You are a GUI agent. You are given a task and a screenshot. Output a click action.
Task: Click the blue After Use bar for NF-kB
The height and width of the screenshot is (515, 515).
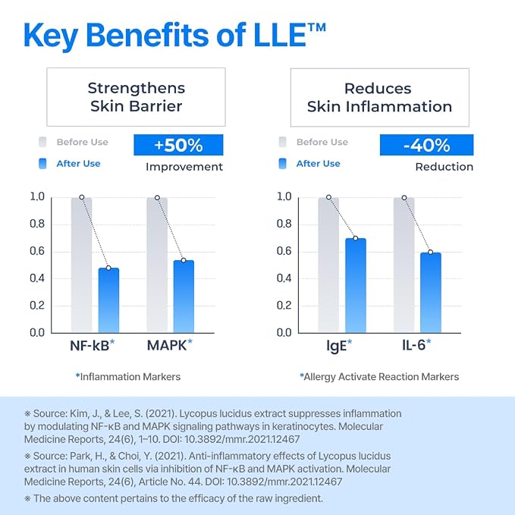108,300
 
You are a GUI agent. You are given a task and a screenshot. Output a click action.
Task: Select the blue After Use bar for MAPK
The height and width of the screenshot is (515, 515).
184,297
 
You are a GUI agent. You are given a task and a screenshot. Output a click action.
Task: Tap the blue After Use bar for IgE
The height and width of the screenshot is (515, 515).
356,285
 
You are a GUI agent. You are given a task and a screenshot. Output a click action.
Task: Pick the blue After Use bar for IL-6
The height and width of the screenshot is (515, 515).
431,293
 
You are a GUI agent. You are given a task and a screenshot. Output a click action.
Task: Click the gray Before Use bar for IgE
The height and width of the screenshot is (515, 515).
328,265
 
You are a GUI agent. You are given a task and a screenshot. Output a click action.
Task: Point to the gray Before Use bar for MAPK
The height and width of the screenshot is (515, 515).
157,265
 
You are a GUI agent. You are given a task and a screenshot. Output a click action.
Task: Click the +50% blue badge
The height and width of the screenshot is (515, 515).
178,145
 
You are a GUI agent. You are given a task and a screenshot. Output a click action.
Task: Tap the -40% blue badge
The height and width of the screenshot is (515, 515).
427,145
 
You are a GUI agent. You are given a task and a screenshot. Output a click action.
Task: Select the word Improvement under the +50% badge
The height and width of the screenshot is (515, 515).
184,167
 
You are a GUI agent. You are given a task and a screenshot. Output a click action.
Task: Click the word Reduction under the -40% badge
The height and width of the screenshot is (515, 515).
444,167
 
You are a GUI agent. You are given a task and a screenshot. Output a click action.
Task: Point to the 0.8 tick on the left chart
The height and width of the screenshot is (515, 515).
37,224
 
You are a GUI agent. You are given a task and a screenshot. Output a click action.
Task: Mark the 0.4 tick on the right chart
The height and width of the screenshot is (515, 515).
284,278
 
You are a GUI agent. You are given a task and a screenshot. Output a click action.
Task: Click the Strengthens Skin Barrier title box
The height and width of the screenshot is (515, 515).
136,97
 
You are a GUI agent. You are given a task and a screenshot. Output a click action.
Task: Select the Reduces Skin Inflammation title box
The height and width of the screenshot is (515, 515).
380,97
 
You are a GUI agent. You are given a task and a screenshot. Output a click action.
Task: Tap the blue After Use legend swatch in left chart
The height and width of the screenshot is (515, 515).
42,164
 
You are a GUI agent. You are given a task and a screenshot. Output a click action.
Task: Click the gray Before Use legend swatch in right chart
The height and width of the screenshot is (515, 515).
282,143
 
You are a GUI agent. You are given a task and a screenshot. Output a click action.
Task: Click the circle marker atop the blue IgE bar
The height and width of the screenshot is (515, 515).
356,238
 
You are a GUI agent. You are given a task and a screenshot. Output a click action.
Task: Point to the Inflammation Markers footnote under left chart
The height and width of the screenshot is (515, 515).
128,377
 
